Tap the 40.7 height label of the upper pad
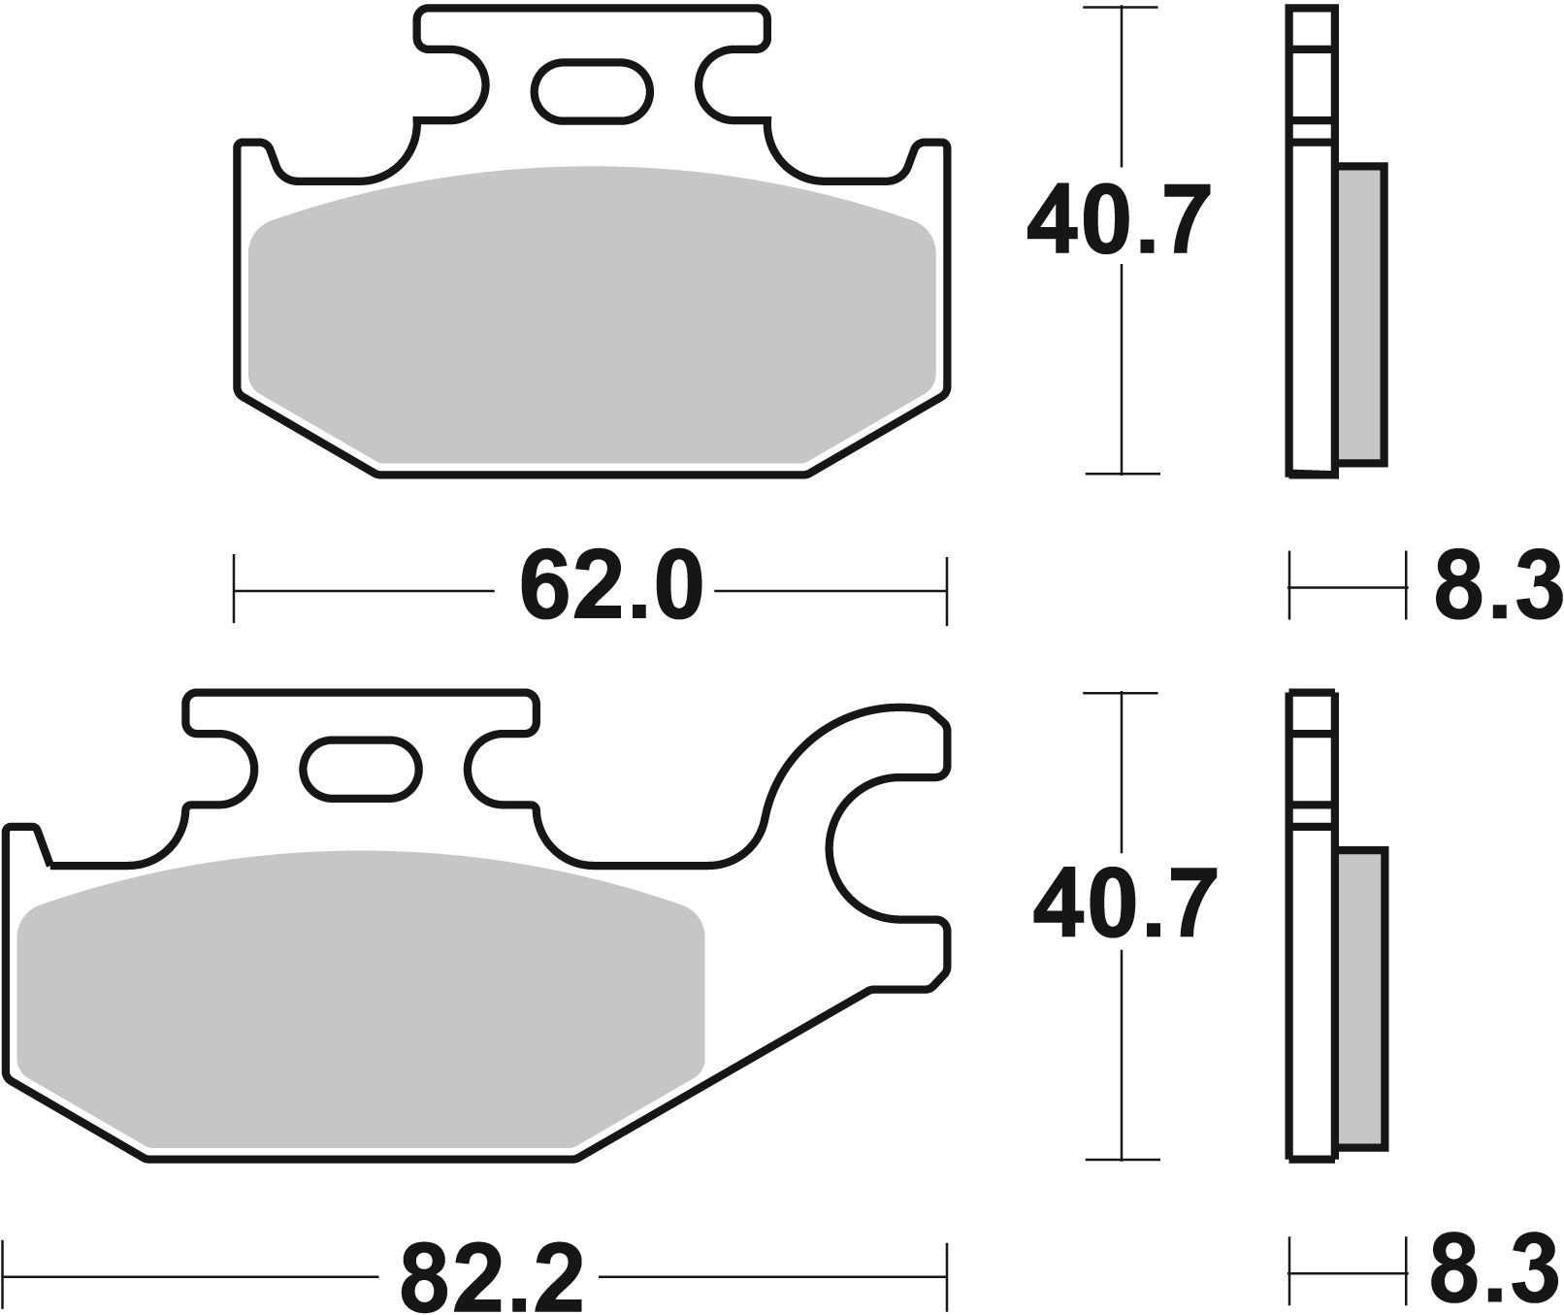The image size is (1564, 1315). point(1120,221)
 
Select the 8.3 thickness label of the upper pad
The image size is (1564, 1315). point(1496,586)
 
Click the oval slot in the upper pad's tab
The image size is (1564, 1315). point(592,92)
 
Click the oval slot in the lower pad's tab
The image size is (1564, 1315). point(362,769)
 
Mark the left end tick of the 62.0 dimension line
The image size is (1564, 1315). point(234,589)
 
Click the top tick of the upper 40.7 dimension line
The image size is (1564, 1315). point(1123,8)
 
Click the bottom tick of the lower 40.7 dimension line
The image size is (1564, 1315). point(1123,1159)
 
